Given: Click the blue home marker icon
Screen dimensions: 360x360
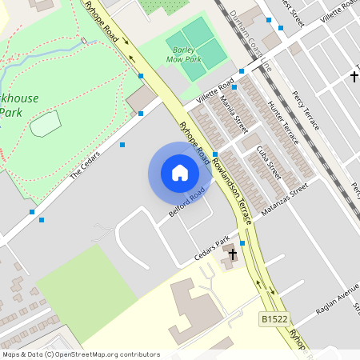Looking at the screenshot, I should tap(180, 172).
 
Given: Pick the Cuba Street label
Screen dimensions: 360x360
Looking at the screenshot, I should tap(269, 162).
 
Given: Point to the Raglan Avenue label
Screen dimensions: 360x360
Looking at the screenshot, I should tap(337, 299).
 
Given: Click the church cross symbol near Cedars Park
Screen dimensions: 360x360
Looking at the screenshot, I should tap(233, 255).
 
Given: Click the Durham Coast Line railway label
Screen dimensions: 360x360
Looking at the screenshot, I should tap(254, 45).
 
